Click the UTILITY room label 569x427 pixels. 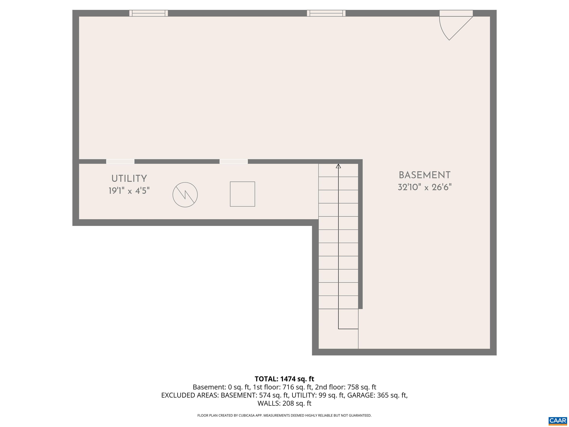(129, 178)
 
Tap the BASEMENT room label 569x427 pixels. (425, 175)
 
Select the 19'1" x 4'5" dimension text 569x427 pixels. (129, 191)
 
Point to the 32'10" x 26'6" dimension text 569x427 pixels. (425, 187)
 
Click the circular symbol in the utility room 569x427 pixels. (185, 195)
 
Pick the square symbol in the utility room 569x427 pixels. (242, 194)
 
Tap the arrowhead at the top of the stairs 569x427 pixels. (338, 166)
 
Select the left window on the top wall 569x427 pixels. (148, 13)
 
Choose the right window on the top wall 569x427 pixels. (326, 13)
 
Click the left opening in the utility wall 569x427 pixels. (120, 161)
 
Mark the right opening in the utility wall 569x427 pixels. (234, 161)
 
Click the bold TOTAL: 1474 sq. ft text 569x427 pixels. (284, 379)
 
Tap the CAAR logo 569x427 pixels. (558, 421)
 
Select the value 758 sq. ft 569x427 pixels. (362, 387)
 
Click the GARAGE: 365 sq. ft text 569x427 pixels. (377, 395)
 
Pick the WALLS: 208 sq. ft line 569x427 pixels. (284, 403)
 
